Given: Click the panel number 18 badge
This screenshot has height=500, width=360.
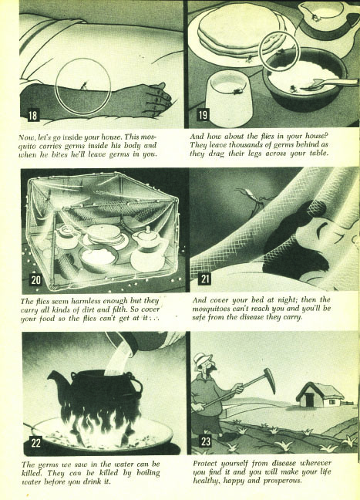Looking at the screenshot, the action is tap(33, 114).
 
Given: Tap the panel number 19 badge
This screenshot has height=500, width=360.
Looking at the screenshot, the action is tap(203, 114).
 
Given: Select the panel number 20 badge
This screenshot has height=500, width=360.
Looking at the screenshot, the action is tap(36, 279).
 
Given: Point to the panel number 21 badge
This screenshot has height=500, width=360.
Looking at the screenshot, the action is tap(204, 279).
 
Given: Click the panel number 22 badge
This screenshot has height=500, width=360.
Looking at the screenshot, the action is tap(35, 443).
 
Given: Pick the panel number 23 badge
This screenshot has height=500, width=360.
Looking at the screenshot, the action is tap(206, 441).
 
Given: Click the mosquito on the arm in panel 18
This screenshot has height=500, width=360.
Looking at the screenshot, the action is tap(83, 85).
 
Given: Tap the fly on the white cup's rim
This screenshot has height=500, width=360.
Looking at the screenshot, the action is tap(238, 92).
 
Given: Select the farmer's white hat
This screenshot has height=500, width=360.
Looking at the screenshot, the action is tap(204, 360).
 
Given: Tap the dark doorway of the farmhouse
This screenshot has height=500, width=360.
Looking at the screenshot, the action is tap(309, 400).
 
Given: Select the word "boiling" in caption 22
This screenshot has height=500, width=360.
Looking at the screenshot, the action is tap(148, 473).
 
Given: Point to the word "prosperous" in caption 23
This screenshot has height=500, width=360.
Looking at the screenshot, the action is tap(282, 481).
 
